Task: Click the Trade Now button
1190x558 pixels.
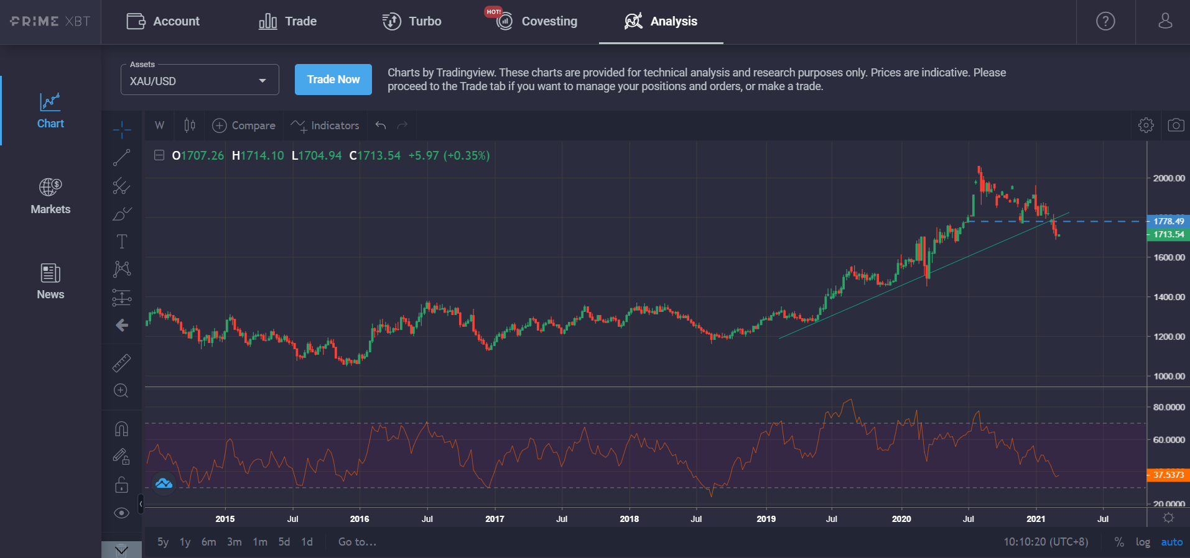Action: [333, 80]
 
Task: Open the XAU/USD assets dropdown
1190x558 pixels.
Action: [199, 81]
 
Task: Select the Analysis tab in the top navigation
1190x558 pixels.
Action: [661, 21]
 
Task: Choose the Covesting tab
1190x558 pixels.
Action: [536, 21]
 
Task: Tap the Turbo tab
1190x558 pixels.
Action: [412, 21]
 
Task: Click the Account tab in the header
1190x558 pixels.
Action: [163, 21]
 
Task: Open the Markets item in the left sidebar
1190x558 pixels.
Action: [50, 196]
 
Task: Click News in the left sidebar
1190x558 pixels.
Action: [50, 281]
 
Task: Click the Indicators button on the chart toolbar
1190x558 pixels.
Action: [325, 126]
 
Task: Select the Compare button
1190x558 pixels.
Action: [244, 126]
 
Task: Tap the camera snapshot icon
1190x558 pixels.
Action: [1175, 125]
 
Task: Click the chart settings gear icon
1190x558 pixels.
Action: [1145, 125]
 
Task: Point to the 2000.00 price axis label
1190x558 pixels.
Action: [1168, 178]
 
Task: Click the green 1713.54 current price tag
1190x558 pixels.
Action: [1168, 234]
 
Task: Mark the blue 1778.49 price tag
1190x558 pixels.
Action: [1168, 221]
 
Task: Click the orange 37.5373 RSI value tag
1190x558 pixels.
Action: [1168, 475]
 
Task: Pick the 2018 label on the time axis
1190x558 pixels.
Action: [629, 519]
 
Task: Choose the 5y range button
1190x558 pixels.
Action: [163, 542]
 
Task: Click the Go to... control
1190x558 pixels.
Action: [357, 542]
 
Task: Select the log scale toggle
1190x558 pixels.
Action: [1142, 542]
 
